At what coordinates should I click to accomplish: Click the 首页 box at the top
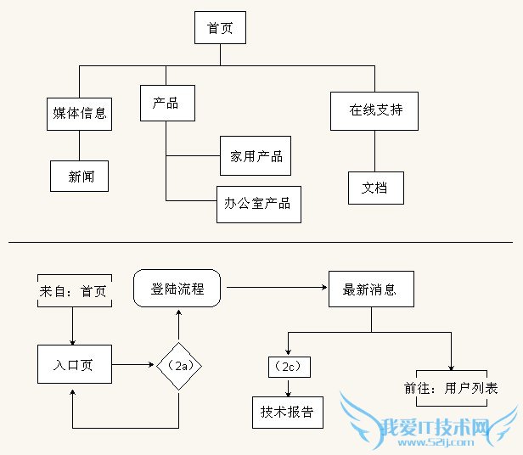(220, 29)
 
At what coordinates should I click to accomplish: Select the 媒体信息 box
(80, 114)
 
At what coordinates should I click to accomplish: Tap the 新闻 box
(81, 177)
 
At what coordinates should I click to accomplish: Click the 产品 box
(167, 104)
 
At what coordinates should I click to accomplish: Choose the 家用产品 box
(256, 156)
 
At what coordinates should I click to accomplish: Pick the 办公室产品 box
(258, 204)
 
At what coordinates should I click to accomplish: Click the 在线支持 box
(374, 110)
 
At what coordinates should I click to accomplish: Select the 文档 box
(374, 188)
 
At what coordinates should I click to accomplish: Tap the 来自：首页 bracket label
(74, 291)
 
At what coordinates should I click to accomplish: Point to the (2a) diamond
(178, 365)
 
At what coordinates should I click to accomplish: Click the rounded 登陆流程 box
(177, 289)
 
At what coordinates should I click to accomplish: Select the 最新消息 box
(369, 289)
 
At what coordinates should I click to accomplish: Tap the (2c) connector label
(289, 367)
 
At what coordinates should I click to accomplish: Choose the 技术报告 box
(288, 412)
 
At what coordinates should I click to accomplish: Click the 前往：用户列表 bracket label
(451, 388)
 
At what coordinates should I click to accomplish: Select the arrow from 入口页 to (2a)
(134, 365)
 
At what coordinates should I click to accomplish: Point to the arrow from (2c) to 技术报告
(289, 387)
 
